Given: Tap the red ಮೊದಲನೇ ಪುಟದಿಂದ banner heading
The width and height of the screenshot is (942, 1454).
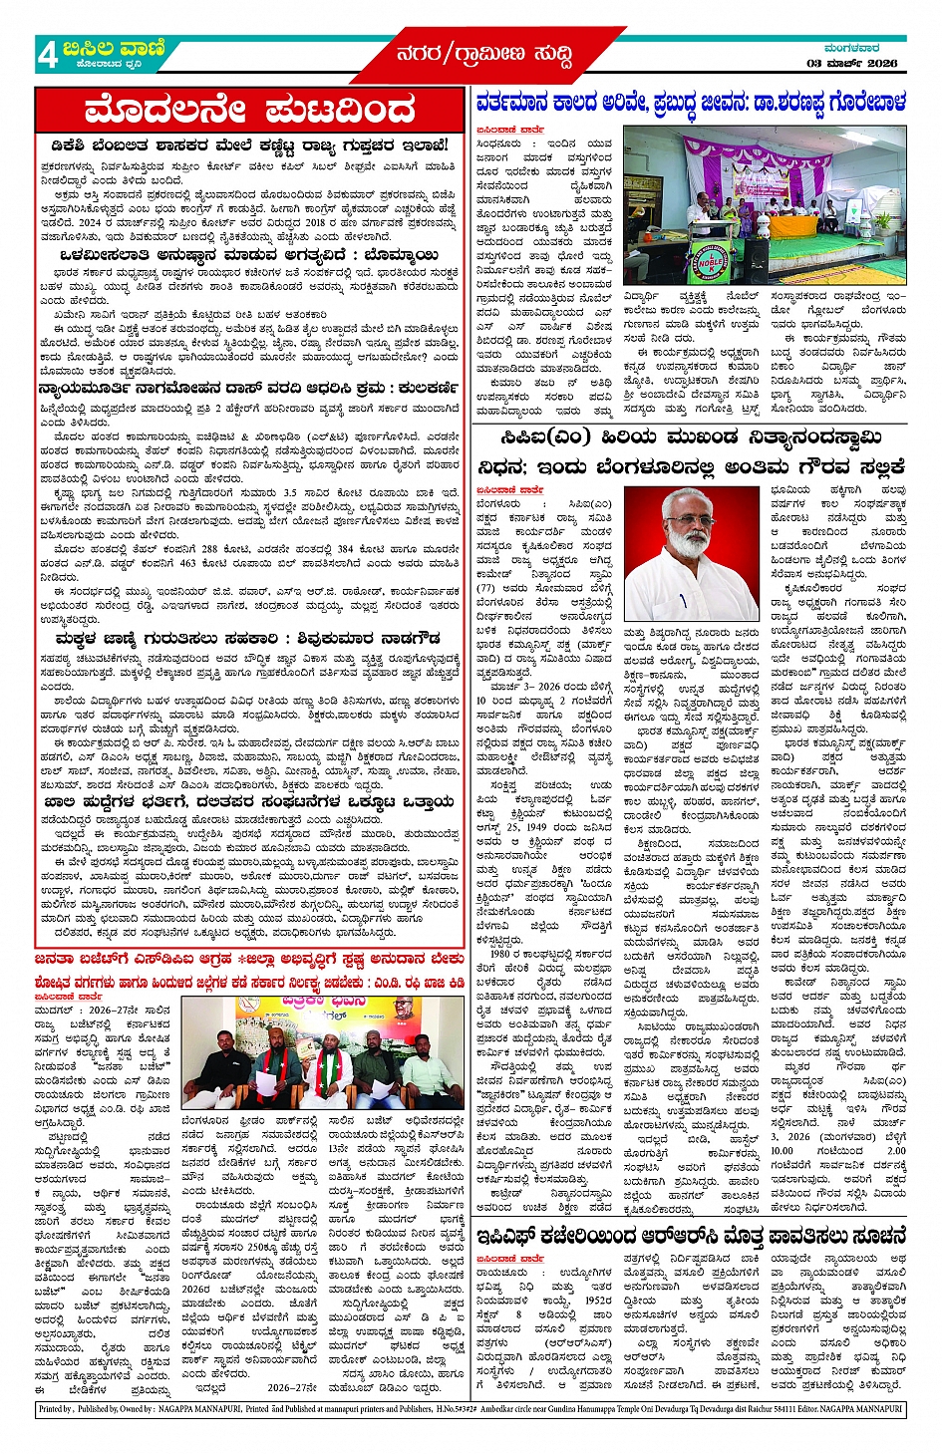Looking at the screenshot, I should pyautogui.click(x=249, y=109).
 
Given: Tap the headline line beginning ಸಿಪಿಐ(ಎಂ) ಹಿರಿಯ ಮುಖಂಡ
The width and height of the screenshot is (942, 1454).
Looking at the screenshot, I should pyautogui.click(x=690, y=437).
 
